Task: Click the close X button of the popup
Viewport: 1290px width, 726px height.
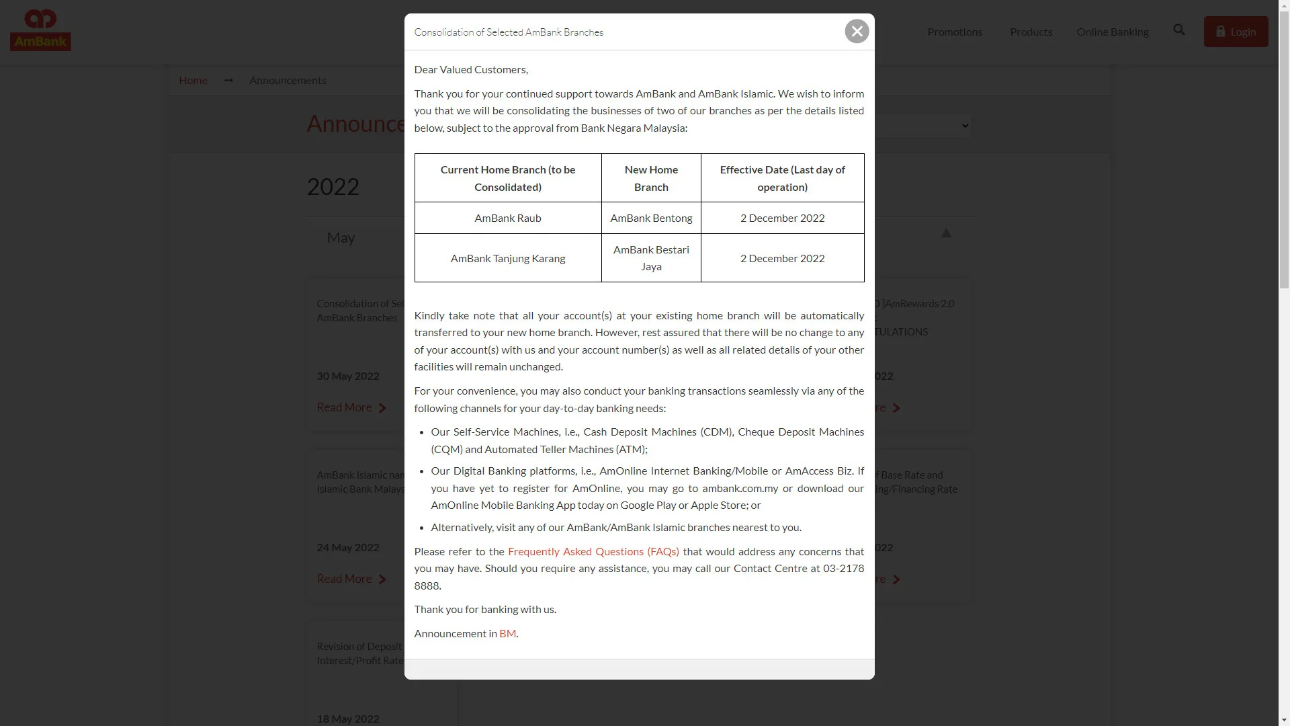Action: pyautogui.click(x=857, y=32)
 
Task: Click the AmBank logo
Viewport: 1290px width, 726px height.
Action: pyautogui.click(x=40, y=31)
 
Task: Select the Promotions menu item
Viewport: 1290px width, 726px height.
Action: pyautogui.click(x=954, y=32)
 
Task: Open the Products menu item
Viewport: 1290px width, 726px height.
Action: pyautogui.click(x=1031, y=32)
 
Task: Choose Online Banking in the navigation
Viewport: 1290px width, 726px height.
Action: pyautogui.click(x=1112, y=32)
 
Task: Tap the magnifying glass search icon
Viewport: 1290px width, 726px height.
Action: pyautogui.click(x=1179, y=30)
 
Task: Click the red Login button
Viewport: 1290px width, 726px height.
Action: pyautogui.click(x=1236, y=32)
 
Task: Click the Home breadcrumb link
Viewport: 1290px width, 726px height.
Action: pyautogui.click(x=193, y=81)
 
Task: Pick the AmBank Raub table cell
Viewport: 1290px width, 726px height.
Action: pyautogui.click(x=507, y=218)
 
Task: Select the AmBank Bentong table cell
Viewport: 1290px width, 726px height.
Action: pyautogui.click(x=651, y=218)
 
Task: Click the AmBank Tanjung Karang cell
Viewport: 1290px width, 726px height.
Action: pyautogui.click(x=507, y=259)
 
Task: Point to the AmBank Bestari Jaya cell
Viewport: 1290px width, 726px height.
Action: pyautogui.click(x=651, y=258)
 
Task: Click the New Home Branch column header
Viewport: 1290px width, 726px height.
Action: pyautogui.click(x=651, y=178)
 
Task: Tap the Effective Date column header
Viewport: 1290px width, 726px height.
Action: pyautogui.click(x=782, y=178)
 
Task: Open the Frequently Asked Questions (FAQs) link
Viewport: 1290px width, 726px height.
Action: pyautogui.click(x=593, y=552)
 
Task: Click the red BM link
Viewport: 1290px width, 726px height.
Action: pyautogui.click(x=507, y=634)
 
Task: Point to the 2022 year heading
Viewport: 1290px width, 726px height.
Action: pyautogui.click(x=333, y=187)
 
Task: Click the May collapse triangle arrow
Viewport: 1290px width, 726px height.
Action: pyautogui.click(x=946, y=233)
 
